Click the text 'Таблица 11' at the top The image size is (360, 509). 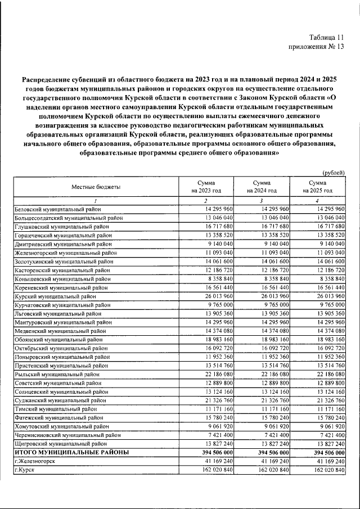pos(324,36)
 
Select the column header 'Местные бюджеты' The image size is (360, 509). pos(96,187)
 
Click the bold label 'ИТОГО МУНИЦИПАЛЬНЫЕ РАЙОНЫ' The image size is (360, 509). pos(71,452)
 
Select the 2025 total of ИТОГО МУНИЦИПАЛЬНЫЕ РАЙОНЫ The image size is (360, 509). pos(325,452)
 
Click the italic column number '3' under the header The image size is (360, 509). pos(262,201)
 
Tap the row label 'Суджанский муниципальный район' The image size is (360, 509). pos(60,400)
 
